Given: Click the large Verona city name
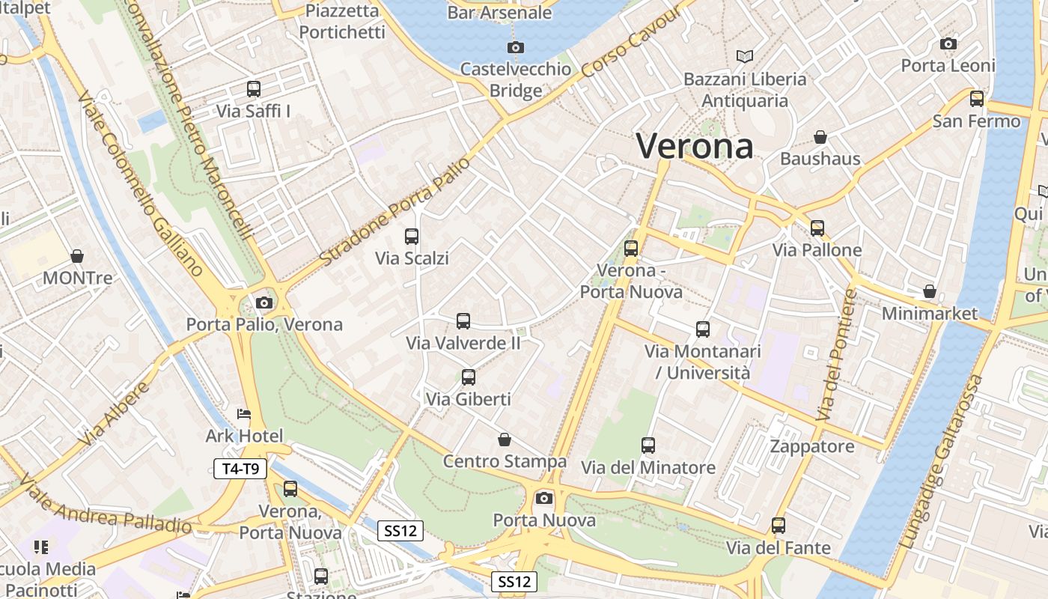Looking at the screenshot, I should pos(694,145).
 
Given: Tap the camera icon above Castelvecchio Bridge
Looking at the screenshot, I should pos(515,48).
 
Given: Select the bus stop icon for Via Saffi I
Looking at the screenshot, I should pos(254,89).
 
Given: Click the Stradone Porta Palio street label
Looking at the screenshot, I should pos(396,211).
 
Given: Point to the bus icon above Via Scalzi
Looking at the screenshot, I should pos(412,237).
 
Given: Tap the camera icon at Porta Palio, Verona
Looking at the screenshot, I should pos(263,303).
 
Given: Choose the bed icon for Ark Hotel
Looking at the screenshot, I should pos(244,414).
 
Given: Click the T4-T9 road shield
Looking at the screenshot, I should pos(240,469).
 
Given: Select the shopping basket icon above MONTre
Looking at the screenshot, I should pos(77,257).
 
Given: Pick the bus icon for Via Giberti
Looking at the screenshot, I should pos(469,377).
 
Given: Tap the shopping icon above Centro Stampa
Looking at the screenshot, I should pos(505,439).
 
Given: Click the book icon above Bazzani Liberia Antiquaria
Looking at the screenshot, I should pos(744,56).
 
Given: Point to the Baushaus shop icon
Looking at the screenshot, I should pos(820,137).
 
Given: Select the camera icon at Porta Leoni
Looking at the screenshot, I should pos(948,44).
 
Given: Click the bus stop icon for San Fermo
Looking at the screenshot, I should pos(977,99).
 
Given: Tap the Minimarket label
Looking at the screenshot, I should pos(930,313).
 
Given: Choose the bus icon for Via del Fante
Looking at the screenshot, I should pos(779,526).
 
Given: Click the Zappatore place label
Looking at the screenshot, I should pos(812,447).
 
